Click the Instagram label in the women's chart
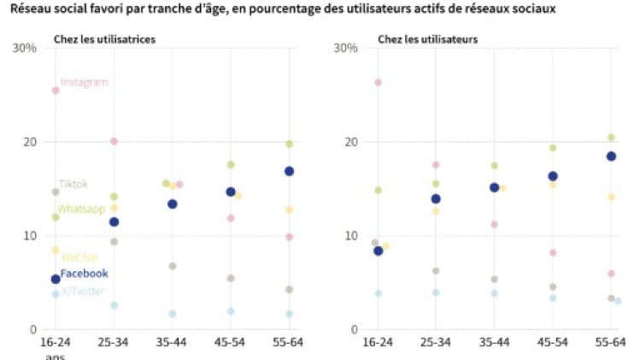point(84,82)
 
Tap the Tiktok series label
point(73,184)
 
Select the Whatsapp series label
point(80,209)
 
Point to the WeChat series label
point(79,257)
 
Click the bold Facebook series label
point(84,274)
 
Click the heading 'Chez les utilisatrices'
point(104,39)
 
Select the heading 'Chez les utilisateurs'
point(427,39)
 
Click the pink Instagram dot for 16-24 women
point(56,91)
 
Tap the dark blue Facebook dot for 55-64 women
point(289,171)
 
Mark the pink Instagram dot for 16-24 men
point(379,83)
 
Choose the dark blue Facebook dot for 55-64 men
point(611,156)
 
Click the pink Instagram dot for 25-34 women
point(114,141)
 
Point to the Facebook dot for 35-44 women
point(172,204)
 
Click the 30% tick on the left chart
point(24,48)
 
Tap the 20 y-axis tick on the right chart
point(350,142)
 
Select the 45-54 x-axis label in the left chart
point(231,342)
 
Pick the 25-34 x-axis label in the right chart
point(436,342)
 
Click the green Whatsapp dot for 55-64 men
point(611,138)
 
